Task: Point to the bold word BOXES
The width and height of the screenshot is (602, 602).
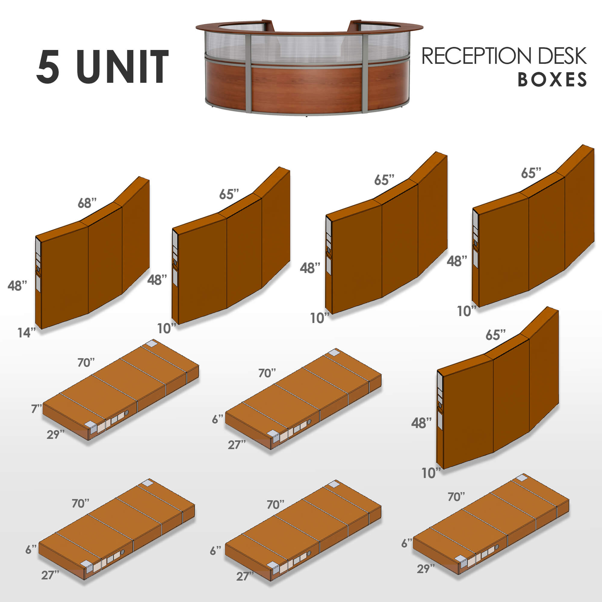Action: click(552, 80)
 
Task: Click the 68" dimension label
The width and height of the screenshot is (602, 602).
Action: click(87, 203)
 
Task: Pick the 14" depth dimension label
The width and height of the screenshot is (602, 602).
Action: click(26, 333)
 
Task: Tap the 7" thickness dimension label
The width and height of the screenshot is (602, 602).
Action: click(36, 408)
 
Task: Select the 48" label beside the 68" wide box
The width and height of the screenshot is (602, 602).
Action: click(17, 285)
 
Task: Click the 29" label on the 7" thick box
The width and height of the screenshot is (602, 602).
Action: click(55, 434)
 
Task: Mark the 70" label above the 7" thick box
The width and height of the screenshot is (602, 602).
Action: click(86, 362)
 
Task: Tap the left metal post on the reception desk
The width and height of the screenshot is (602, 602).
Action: click(248, 73)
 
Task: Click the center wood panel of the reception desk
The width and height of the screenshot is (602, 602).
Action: click(307, 89)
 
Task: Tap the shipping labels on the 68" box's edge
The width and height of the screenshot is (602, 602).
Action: click(38, 265)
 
